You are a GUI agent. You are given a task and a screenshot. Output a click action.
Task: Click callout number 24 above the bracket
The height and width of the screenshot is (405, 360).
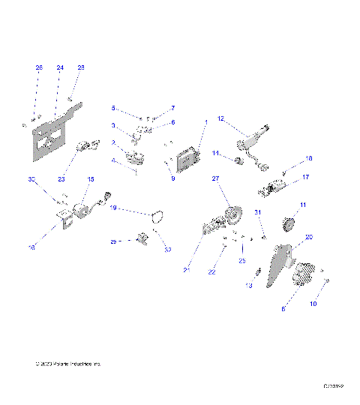[60, 67]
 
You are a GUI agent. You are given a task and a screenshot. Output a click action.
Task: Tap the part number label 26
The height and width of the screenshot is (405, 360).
[39, 67]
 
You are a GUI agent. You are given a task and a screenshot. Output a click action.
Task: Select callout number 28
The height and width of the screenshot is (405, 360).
[81, 67]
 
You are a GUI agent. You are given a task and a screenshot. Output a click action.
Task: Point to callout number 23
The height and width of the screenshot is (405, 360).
[61, 179]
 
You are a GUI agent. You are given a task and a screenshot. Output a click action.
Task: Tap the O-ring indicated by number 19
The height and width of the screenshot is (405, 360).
[157, 218]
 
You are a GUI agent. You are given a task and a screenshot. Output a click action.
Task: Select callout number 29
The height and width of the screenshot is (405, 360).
[113, 241]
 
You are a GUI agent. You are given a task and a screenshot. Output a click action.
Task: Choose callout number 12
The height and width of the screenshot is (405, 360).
[220, 118]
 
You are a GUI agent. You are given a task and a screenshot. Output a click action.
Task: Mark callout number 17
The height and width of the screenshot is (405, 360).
[305, 178]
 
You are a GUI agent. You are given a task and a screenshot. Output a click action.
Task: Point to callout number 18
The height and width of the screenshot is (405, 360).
[308, 158]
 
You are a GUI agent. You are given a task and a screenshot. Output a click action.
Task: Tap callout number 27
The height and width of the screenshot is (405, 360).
[214, 178]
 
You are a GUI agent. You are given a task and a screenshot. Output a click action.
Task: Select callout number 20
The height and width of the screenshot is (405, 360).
[309, 237]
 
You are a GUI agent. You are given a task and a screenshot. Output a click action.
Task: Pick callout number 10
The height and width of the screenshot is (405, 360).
[313, 304]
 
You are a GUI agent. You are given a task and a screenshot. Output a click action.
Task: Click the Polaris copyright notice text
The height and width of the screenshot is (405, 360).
[67, 364]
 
